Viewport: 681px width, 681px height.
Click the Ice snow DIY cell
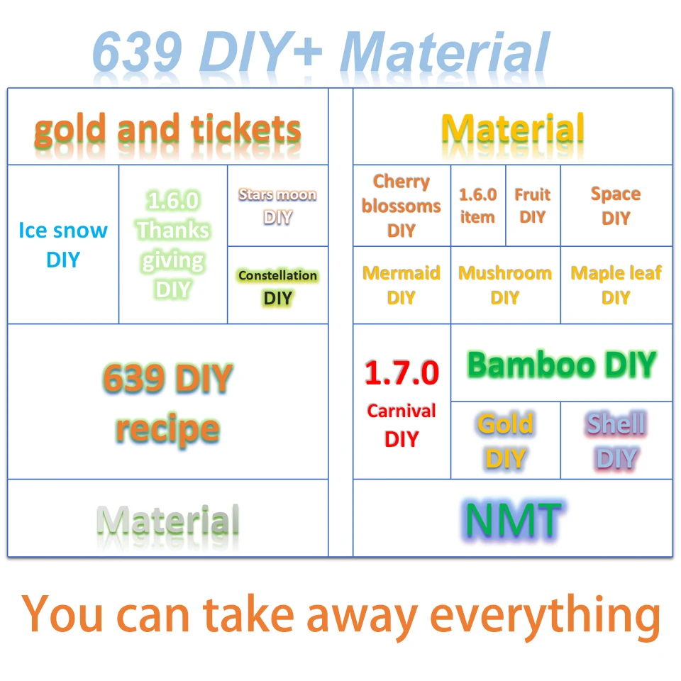coord(63,244)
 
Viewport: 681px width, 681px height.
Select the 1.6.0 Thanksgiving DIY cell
coord(173,244)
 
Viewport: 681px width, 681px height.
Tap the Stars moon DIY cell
coord(277,206)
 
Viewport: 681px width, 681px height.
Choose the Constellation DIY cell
coord(277,285)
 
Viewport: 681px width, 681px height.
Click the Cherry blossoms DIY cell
coord(402,206)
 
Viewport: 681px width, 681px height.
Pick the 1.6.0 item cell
coord(478,206)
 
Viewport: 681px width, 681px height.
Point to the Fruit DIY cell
coord(533,206)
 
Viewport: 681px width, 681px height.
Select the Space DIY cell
coord(616,206)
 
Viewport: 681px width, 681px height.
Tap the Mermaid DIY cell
coord(402,285)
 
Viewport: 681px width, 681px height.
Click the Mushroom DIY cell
coord(506,285)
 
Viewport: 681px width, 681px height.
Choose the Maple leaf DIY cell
coord(616,285)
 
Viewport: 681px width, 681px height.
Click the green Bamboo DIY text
coord(562,365)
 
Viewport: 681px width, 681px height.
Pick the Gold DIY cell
coord(506,441)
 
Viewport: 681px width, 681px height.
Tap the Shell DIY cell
coord(616,441)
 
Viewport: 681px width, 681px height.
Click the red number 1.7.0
coord(402,372)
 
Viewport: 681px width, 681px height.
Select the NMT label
coord(514,519)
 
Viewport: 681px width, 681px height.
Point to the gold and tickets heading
coord(167,129)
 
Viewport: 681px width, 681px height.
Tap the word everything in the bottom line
coord(545,616)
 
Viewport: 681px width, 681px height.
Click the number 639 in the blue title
coord(137,51)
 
